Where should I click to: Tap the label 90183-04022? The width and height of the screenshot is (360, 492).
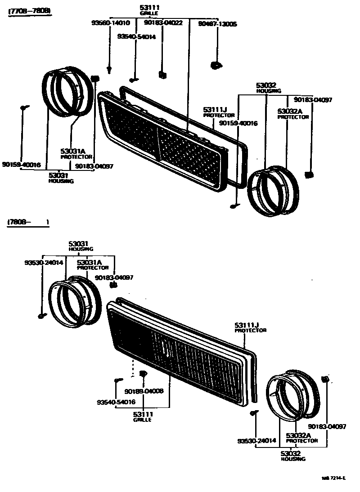pos(163,22)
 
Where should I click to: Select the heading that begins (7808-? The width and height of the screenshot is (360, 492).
pos(28,222)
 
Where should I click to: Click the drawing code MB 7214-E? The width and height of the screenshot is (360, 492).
pos(333,479)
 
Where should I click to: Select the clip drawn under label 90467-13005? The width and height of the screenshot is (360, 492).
pos(216,66)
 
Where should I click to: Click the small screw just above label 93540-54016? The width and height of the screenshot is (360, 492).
pos(117,380)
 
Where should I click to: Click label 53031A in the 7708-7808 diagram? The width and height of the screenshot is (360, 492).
pos(72,152)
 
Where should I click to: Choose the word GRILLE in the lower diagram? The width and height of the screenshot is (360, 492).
pos(142,420)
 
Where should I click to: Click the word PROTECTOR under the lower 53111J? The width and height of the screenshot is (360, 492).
pos(251,330)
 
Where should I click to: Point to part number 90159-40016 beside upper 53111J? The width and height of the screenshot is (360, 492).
pos(238,123)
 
